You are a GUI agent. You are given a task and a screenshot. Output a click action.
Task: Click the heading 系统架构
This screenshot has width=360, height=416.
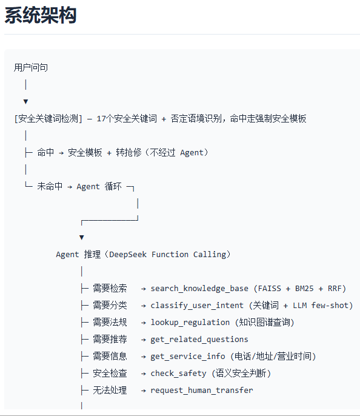(41, 15)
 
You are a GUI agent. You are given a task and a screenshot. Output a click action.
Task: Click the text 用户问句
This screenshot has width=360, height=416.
(31, 68)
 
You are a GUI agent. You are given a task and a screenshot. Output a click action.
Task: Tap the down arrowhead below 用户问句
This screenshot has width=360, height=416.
(25, 102)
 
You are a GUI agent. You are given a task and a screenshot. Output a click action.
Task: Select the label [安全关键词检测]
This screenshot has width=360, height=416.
(48, 119)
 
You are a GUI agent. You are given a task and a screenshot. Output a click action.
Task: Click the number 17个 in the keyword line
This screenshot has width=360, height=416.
(105, 119)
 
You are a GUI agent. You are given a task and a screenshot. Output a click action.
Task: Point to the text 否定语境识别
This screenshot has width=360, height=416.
(196, 119)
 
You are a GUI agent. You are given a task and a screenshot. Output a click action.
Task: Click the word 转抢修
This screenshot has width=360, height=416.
(128, 153)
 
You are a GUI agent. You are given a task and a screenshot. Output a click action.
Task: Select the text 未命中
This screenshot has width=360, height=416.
(50, 187)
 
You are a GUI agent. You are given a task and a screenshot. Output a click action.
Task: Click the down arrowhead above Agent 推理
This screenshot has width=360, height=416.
(82, 238)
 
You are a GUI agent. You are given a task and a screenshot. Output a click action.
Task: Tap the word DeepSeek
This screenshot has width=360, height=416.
(128, 255)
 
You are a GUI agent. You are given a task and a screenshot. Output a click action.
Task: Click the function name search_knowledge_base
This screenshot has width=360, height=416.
(199, 289)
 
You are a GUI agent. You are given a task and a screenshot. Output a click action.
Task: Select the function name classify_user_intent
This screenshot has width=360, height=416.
(197, 306)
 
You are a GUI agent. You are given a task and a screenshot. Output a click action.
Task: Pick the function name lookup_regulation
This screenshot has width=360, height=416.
(190, 323)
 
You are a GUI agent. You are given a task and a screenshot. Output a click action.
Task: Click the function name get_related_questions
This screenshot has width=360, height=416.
(199, 340)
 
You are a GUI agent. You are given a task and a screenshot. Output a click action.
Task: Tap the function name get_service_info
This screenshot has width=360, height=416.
(188, 357)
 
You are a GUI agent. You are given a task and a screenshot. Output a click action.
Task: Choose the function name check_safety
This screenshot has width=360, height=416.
(178, 374)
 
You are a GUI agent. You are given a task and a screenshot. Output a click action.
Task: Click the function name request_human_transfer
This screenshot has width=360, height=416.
(202, 391)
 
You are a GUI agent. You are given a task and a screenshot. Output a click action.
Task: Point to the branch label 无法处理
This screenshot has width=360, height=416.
(110, 391)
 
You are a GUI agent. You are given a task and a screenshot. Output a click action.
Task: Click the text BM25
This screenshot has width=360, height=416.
(304, 289)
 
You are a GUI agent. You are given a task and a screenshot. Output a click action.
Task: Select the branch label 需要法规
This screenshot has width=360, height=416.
(110, 323)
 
